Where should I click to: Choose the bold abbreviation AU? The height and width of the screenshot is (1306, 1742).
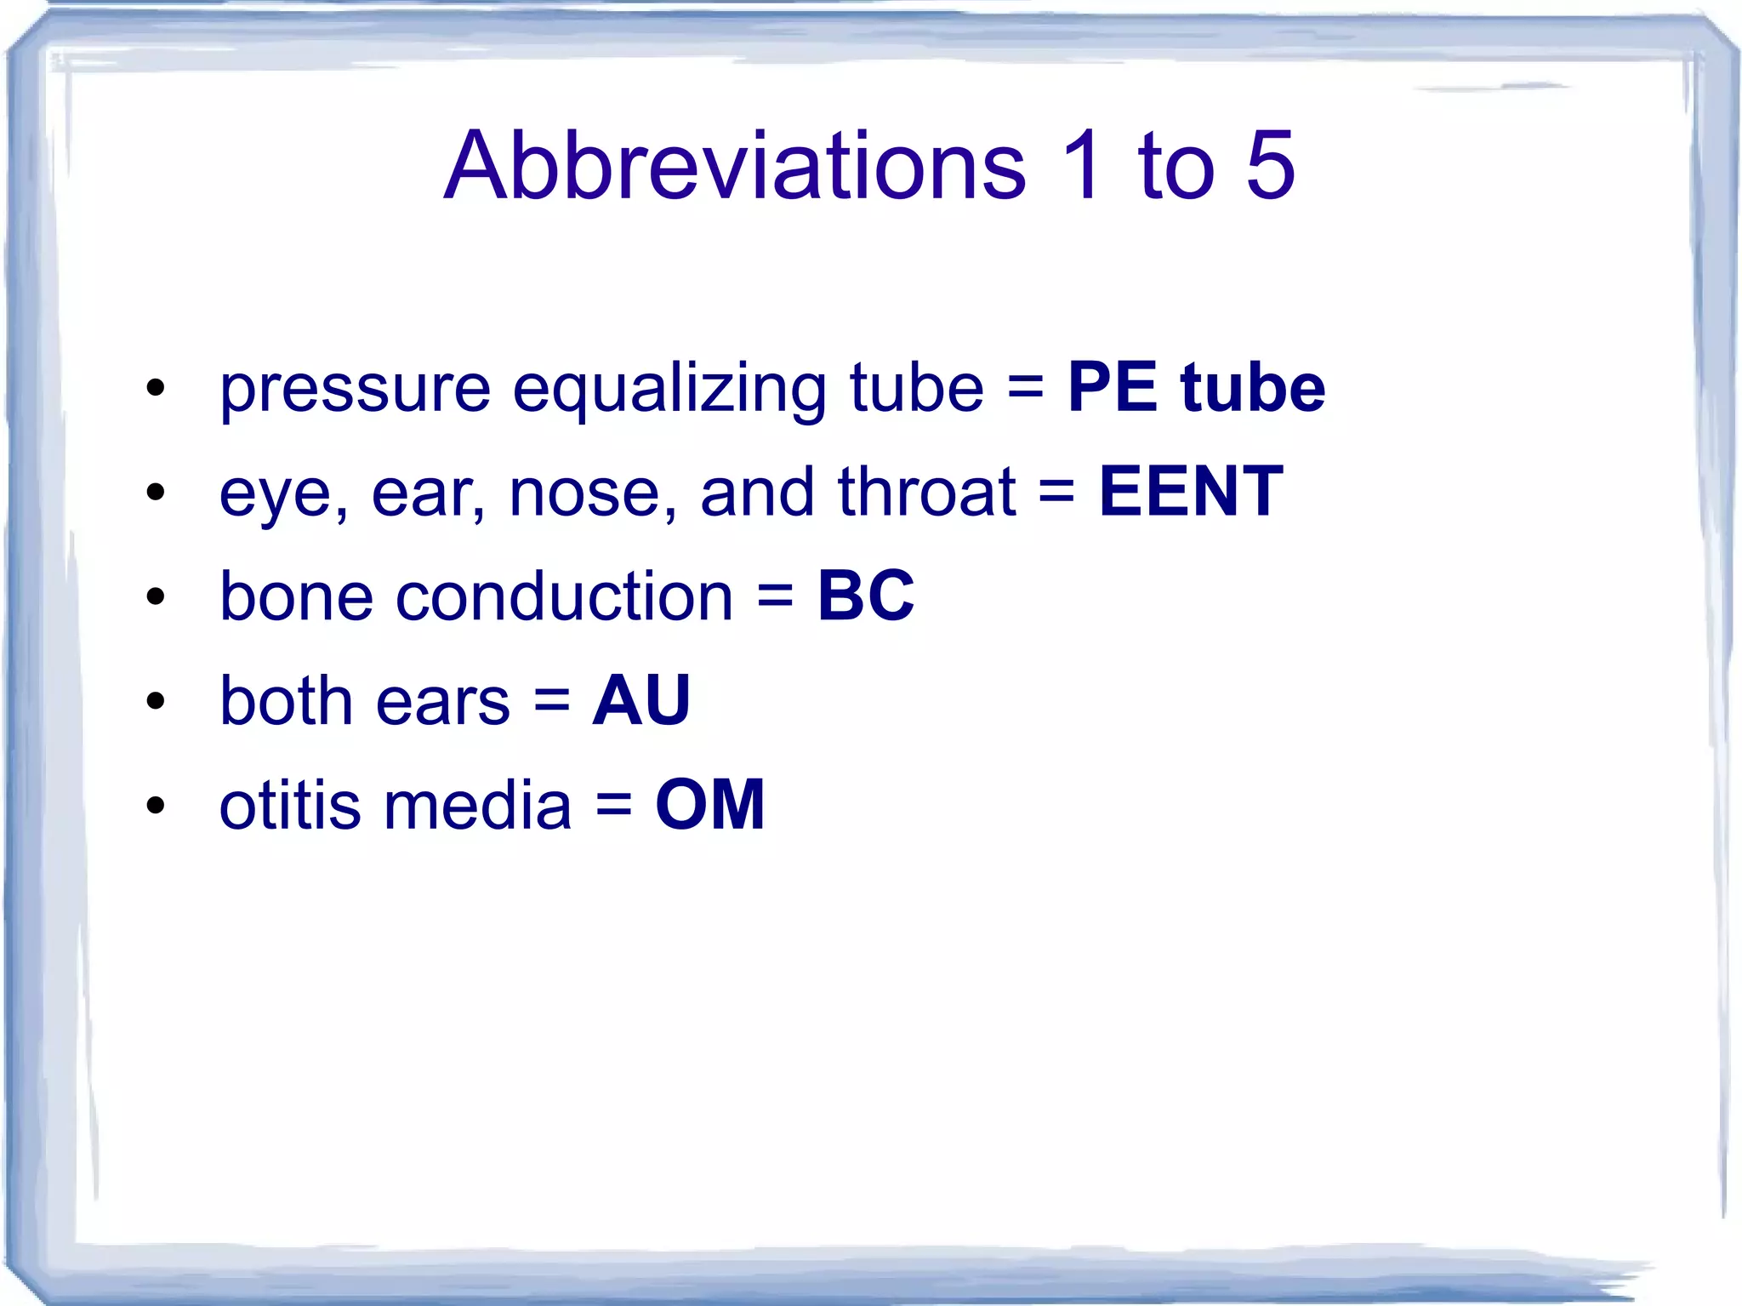point(641,700)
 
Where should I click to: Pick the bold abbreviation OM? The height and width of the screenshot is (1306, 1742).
point(710,805)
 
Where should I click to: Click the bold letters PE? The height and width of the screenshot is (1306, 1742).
point(1113,388)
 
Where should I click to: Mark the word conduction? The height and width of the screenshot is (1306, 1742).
point(564,596)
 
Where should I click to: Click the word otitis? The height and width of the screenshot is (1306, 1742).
point(291,805)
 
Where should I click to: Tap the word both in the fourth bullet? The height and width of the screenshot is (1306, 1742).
point(286,700)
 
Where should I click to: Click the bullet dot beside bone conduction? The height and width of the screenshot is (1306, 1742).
point(155,596)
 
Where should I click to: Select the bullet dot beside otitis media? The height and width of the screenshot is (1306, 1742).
point(155,805)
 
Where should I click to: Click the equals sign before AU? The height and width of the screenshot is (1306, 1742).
point(552,702)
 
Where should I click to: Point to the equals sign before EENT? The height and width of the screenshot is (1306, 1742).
point(1056,493)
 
